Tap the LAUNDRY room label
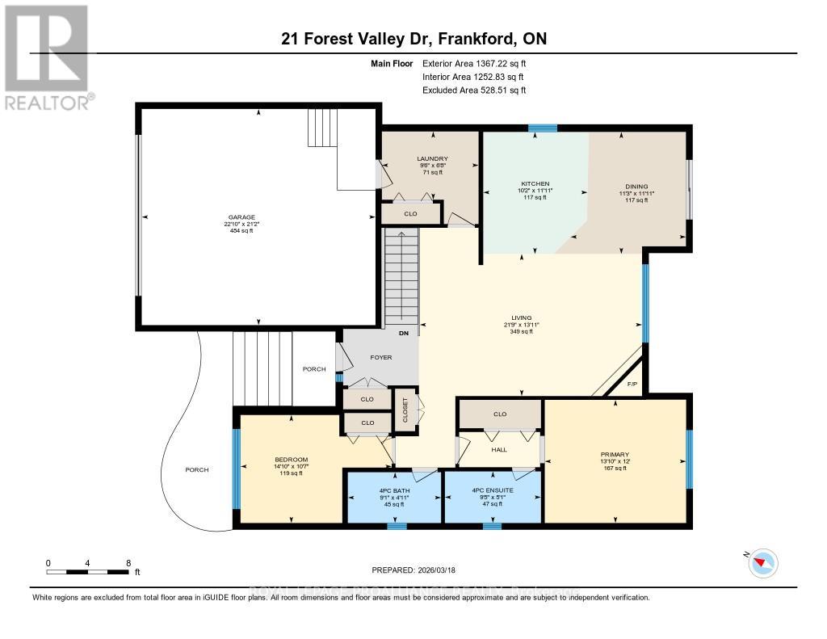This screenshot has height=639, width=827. coord(432,159)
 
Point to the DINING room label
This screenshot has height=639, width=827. coord(636,187)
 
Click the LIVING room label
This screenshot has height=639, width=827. coord(521,318)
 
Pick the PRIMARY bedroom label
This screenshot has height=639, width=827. coord(615,455)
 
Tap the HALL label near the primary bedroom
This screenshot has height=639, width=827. coord(499,449)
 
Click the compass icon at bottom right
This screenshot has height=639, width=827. coord(762,563)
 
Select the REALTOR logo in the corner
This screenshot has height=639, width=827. coord(47,57)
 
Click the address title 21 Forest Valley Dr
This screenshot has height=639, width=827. coord(413,39)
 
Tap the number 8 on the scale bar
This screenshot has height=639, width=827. coord(128,562)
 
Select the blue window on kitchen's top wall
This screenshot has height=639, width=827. coord(542,128)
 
